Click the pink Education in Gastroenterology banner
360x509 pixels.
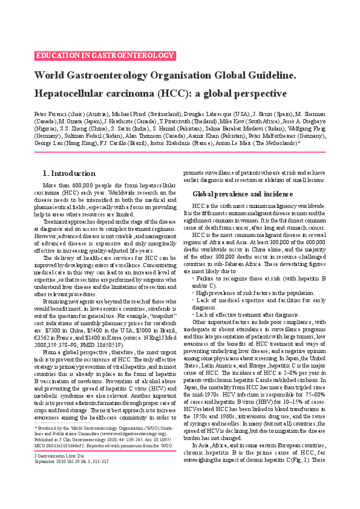tap(105, 56)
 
